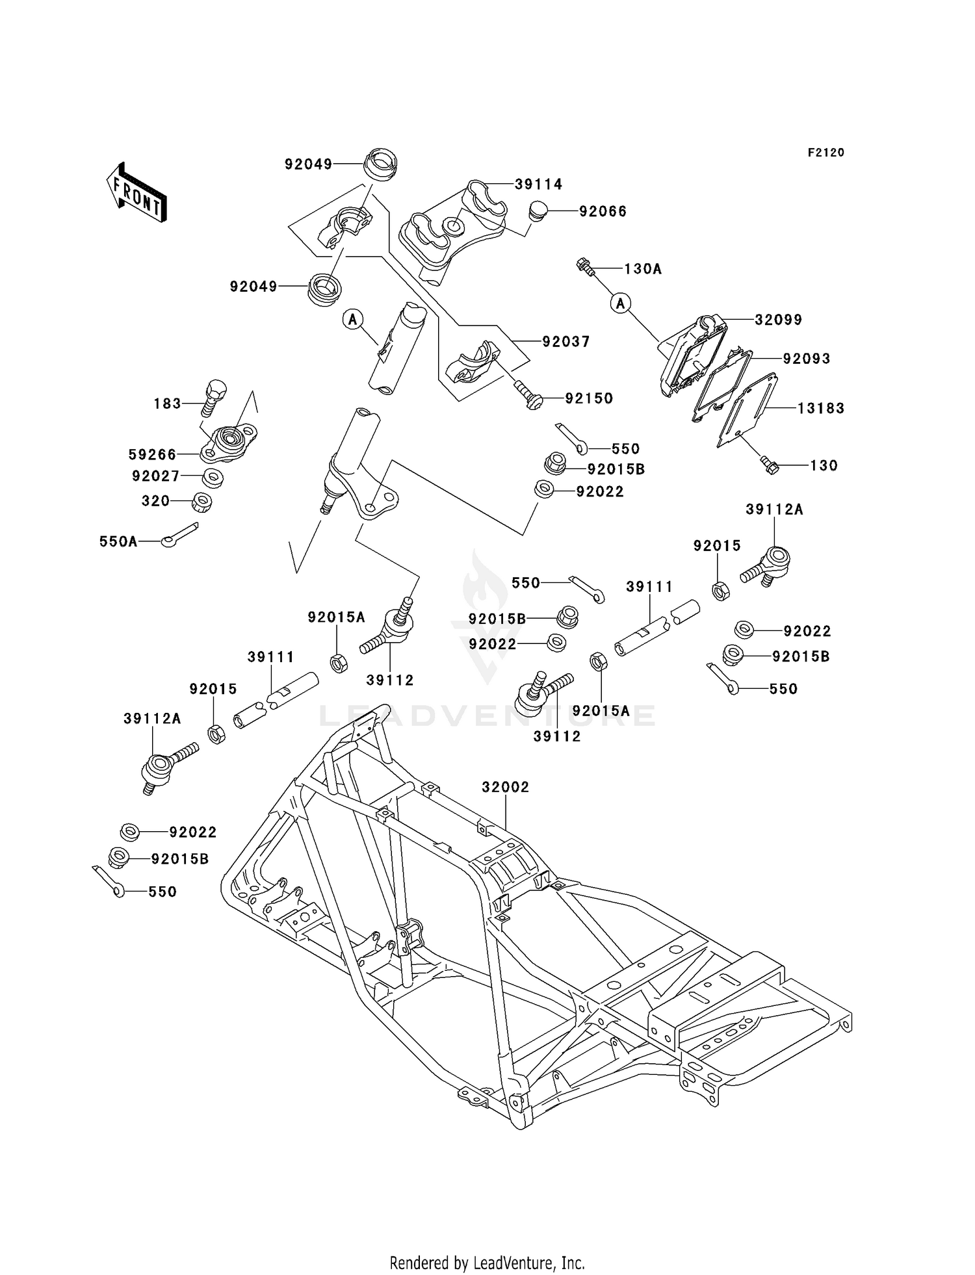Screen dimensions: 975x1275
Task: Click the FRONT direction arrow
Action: click(x=136, y=193)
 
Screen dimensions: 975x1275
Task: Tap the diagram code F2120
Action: click(x=825, y=153)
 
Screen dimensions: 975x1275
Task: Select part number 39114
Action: click(x=538, y=185)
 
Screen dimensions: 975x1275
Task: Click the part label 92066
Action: click(x=603, y=212)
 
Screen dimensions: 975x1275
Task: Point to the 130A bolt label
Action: click(x=643, y=269)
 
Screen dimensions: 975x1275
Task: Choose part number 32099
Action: click(x=778, y=320)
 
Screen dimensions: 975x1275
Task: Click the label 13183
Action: click(x=820, y=408)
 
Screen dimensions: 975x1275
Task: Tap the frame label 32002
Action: click(x=505, y=787)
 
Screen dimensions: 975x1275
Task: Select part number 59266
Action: click(x=153, y=454)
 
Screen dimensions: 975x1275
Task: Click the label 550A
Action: click(x=118, y=541)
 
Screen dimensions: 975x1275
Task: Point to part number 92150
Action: click(x=589, y=398)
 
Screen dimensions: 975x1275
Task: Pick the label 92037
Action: click(x=566, y=342)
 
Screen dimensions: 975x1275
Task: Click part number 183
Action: click(x=167, y=404)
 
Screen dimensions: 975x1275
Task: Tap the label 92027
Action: click(x=156, y=476)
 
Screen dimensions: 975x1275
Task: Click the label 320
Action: click(x=156, y=501)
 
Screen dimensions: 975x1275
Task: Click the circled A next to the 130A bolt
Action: click(x=621, y=303)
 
